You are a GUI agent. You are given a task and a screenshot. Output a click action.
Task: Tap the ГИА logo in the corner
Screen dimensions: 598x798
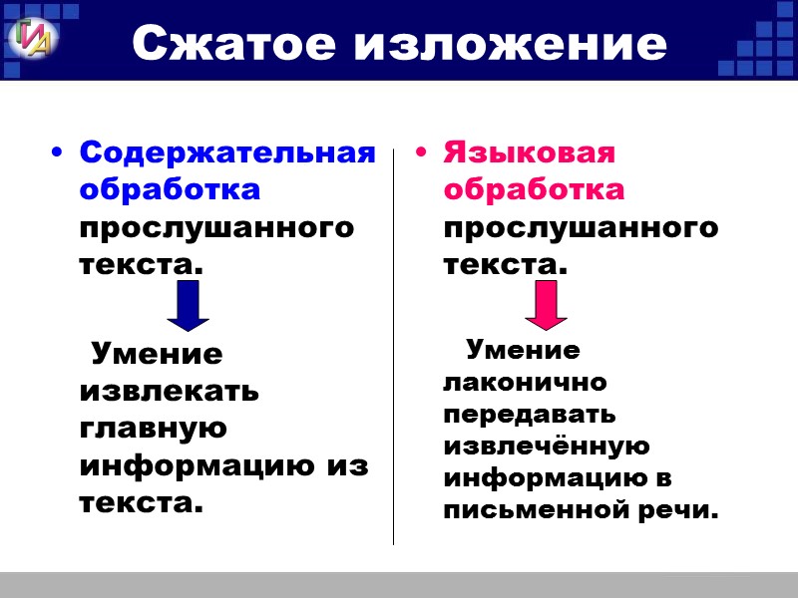[x=34, y=38]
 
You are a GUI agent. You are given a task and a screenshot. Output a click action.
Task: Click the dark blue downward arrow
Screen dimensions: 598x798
[x=188, y=305]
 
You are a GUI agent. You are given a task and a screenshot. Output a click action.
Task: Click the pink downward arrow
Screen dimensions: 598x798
[x=546, y=305]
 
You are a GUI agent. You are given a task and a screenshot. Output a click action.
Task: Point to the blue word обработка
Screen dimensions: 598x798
[x=170, y=189]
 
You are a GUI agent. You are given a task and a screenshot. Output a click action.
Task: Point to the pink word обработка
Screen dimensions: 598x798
[x=534, y=189]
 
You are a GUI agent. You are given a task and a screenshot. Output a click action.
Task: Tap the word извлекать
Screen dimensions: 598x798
[x=169, y=392]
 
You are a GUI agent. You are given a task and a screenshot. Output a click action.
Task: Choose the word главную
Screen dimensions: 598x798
[x=153, y=429]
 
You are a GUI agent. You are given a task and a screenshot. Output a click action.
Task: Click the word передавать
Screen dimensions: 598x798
[x=530, y=414]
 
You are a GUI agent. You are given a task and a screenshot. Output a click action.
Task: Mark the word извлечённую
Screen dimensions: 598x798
[x=547, y=446]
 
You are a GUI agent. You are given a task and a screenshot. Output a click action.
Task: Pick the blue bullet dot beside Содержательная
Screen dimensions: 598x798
[x=57, y=153]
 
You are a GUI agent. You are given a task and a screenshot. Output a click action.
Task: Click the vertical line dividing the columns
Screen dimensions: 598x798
[x=393, y=349]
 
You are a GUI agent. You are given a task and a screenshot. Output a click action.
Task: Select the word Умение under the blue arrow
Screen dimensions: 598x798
[x=157, y=354]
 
